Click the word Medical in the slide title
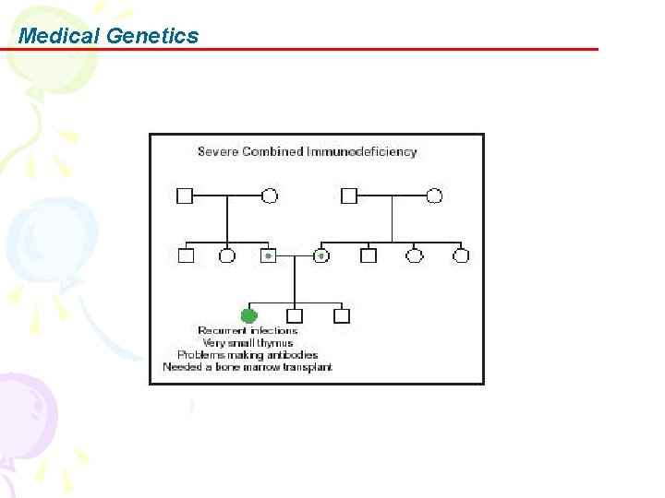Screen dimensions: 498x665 59,36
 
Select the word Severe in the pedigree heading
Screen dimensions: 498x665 218,151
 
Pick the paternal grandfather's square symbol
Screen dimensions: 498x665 185,196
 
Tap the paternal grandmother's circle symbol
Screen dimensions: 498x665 270,196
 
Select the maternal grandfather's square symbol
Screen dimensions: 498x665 349,196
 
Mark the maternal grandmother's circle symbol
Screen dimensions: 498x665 434,196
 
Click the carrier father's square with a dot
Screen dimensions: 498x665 269,255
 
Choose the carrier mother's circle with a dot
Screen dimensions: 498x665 321,255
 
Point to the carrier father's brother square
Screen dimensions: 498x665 186,255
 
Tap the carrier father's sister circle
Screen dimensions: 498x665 227,255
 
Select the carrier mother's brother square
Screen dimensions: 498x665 369,255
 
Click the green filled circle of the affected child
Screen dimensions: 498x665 248,315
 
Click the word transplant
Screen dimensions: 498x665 308,367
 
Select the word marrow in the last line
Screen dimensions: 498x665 261,367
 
